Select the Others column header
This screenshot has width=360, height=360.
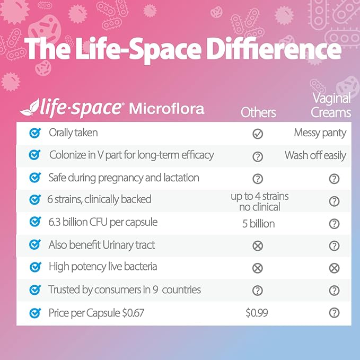258,112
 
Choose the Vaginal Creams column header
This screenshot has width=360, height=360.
331,105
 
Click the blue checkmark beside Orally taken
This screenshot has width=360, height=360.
35,133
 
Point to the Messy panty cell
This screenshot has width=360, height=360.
320,133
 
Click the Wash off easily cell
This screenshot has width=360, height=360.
315,155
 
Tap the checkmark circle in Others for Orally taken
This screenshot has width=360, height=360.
258,134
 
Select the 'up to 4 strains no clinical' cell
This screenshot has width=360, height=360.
259,201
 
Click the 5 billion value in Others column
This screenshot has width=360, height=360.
258,224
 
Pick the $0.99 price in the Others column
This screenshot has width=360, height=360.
257,313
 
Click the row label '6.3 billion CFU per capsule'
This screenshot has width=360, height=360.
103,222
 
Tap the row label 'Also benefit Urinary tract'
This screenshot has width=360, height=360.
102,245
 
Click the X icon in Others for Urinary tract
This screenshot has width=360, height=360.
258,246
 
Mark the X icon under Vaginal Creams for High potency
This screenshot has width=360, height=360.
334,268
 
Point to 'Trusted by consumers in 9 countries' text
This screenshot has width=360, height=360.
125,290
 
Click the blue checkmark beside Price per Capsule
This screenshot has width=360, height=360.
35,313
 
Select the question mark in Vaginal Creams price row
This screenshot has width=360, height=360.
334,313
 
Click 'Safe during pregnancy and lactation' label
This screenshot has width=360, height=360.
124,178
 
